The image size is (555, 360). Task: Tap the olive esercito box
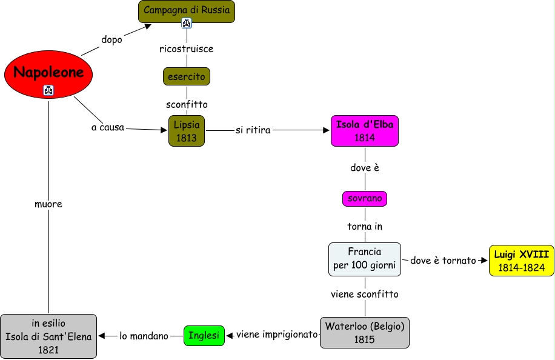[x=186, y=76]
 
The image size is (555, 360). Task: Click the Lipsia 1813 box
[x=187, y=131]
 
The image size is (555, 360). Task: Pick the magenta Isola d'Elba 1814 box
[x=365, y=131]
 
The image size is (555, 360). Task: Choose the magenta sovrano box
[x=364, y=198]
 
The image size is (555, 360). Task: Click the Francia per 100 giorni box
[x=365, y=259]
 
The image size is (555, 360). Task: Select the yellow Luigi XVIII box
[x=521, y=261]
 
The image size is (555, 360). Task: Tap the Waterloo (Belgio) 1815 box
[x=365, y=333]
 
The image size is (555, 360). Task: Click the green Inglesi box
[x=204, y=335]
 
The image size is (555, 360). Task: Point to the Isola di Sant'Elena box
[x=48, y=335]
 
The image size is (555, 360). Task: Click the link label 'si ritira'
[x=253, y=130]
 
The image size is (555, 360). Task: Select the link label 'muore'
[x=48, y=204]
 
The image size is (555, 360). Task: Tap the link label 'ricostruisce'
[x=186, y=48]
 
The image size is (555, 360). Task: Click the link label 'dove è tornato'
[x=444, y=261]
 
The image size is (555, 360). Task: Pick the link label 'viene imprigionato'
[x=277, y=334]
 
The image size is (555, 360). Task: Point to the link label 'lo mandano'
[x=144, y=336]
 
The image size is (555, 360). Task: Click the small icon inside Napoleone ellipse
[x=48, y=90]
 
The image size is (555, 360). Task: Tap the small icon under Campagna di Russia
[x=186, y=23]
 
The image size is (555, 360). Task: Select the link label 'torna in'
[x=365, y=227]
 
